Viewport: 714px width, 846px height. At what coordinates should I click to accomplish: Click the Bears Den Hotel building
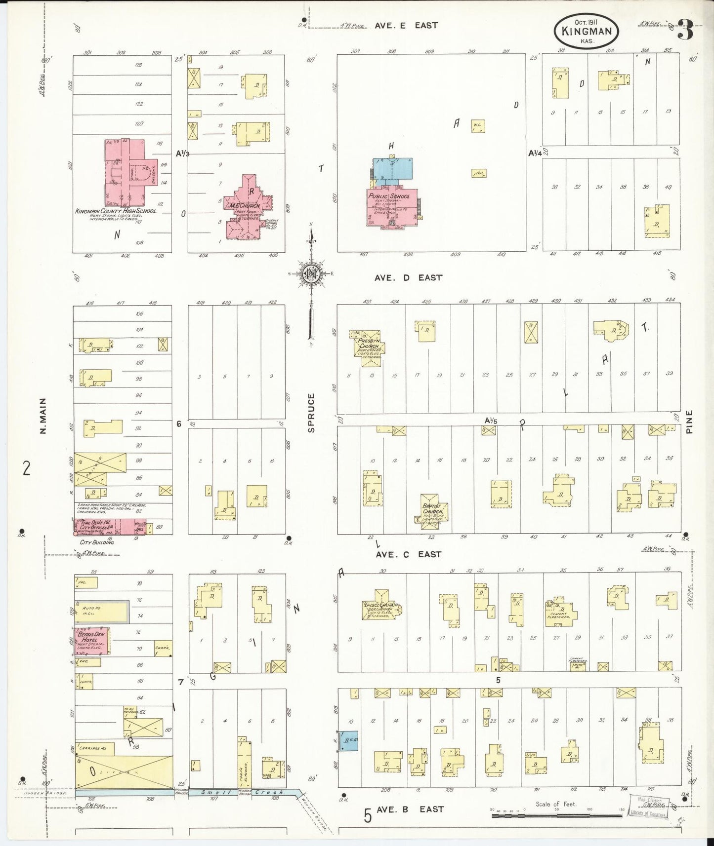pos(92,641)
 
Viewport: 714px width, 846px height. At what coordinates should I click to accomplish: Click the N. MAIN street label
pos(43,416)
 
